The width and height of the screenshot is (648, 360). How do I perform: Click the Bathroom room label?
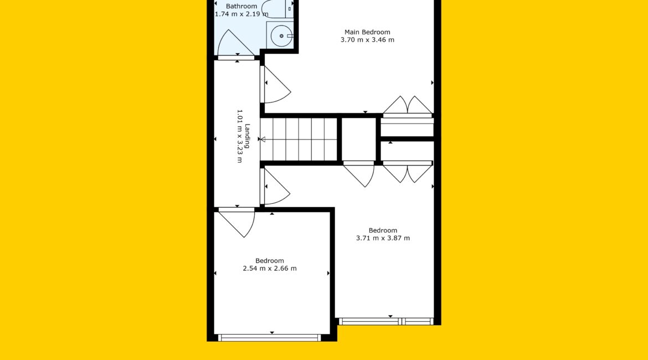241,6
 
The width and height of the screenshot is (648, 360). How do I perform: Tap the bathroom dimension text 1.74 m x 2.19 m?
241,14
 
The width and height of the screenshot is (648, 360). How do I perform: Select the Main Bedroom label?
367,32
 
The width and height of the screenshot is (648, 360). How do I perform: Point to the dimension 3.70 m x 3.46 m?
367,40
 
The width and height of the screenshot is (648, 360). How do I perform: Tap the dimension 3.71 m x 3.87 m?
383,238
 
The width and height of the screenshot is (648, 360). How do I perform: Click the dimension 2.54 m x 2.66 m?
270,268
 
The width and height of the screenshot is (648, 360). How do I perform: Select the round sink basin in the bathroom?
281,36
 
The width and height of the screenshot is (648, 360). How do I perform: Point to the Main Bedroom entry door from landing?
276,84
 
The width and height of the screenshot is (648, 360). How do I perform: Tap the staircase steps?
299,139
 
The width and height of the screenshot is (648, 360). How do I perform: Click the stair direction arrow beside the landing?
263,139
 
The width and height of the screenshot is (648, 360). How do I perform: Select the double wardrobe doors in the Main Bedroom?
408,106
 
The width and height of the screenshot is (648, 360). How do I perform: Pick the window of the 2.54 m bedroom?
270,338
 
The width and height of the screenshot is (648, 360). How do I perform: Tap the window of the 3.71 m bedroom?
386,321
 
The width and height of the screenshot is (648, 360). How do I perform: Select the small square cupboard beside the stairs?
359,139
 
